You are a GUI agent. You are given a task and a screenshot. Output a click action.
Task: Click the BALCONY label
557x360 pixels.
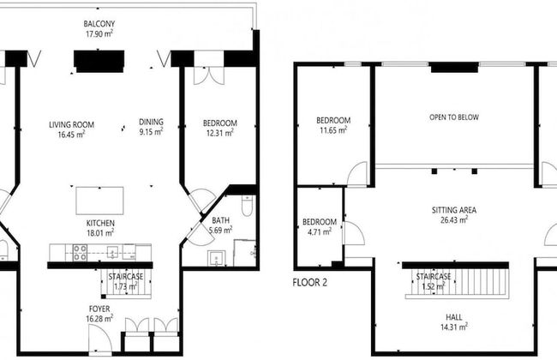pyautogui.click(x=99, y=23)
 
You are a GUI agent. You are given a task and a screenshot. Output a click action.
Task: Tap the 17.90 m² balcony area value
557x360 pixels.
pyautogui.click(x=99, y=33)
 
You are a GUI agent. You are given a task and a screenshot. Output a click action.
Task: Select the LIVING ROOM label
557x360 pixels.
pyautogui.click(x=71, y=125)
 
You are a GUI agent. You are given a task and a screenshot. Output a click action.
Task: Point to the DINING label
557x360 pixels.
pyautogui.click(x=152, y=122)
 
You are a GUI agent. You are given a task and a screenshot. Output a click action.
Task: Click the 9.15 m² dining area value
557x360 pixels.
pyautogui.click(x=152, y=132)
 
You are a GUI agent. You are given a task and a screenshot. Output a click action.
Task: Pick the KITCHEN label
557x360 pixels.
pyautogui.click(x=100, y=222)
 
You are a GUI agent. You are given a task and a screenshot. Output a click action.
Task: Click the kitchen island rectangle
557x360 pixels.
pyautogui.click(x=99, y=200)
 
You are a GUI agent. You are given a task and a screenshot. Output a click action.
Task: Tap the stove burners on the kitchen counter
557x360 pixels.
pyautogui.click(x=80, y=252)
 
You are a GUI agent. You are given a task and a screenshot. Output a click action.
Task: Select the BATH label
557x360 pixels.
pyautogui.click(x=220, y=220)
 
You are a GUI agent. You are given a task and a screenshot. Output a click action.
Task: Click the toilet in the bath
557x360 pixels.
pyautogui.click(x=246, y=206)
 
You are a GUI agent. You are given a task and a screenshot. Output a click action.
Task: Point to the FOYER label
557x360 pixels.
pyautogui.click(x=99, y=308)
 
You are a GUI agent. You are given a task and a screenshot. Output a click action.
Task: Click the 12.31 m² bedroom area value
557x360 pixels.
pyautogui.click(x=219, y=133)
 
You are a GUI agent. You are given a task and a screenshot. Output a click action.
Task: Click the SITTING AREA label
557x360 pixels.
pyautogui.click(x=454, y=210)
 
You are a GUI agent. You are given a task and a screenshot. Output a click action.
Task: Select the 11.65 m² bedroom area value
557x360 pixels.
pyautogui.click(x=332, y=130)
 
